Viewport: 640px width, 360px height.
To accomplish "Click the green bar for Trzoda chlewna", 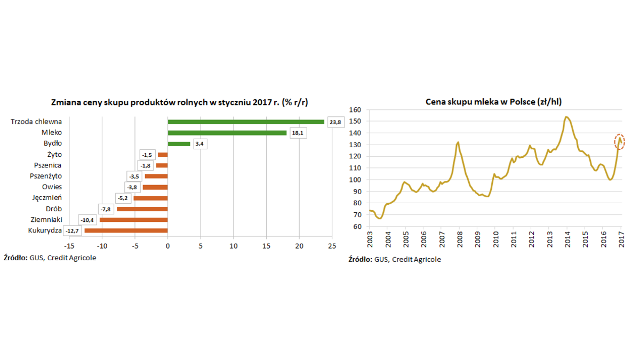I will pos(246,122).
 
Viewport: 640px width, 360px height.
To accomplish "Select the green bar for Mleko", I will pos(227,133).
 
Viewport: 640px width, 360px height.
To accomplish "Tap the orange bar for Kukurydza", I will pos(126,230).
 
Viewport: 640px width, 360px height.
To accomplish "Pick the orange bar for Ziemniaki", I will pos(133,220).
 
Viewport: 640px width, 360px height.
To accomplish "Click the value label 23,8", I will pos(335,122).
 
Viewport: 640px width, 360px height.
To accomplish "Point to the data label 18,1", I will pos(297,133).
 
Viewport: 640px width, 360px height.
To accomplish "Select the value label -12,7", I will pos(72,231).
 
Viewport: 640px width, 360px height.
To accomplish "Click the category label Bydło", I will pos(53,143).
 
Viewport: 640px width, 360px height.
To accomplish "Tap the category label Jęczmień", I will pos(47,198).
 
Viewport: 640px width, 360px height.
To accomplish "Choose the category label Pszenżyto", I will pos(46,176).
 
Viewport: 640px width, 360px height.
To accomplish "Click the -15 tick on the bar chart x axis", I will pos(69,246).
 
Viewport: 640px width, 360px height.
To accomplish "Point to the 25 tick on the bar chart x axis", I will pos(332,246).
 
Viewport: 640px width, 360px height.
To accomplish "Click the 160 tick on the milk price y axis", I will pos(355,110).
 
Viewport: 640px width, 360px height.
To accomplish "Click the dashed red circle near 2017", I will pos(619,141).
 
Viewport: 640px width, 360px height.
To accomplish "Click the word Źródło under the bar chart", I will pos(23,258).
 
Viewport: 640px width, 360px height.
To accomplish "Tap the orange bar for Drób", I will pos(142,209).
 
